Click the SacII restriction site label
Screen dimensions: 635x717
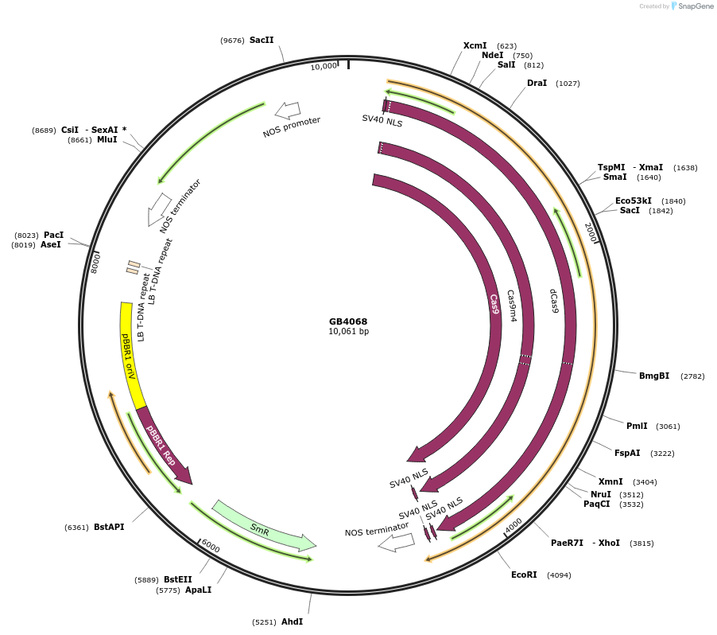point(262,40)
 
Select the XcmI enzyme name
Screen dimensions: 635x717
point(475,46)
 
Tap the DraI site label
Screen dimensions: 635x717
point(537,83)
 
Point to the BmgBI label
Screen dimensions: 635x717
point(654,376)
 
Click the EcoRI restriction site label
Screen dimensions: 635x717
point(524,575)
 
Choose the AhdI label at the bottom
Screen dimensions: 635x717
point(292,621)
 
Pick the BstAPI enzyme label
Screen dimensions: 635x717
point(109,527)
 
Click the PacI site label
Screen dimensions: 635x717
point(54,236)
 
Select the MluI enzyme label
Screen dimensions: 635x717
point(107,139)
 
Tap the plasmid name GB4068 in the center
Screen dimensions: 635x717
point(348,322)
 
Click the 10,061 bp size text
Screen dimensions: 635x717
point(348,332)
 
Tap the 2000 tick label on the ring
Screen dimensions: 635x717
point(591,232)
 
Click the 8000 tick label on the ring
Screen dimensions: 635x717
point(96,262)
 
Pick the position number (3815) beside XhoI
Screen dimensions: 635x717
point(641,543)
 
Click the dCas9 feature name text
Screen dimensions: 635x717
point(553,300)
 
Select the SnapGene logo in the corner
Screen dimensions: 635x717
point(694,6)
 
